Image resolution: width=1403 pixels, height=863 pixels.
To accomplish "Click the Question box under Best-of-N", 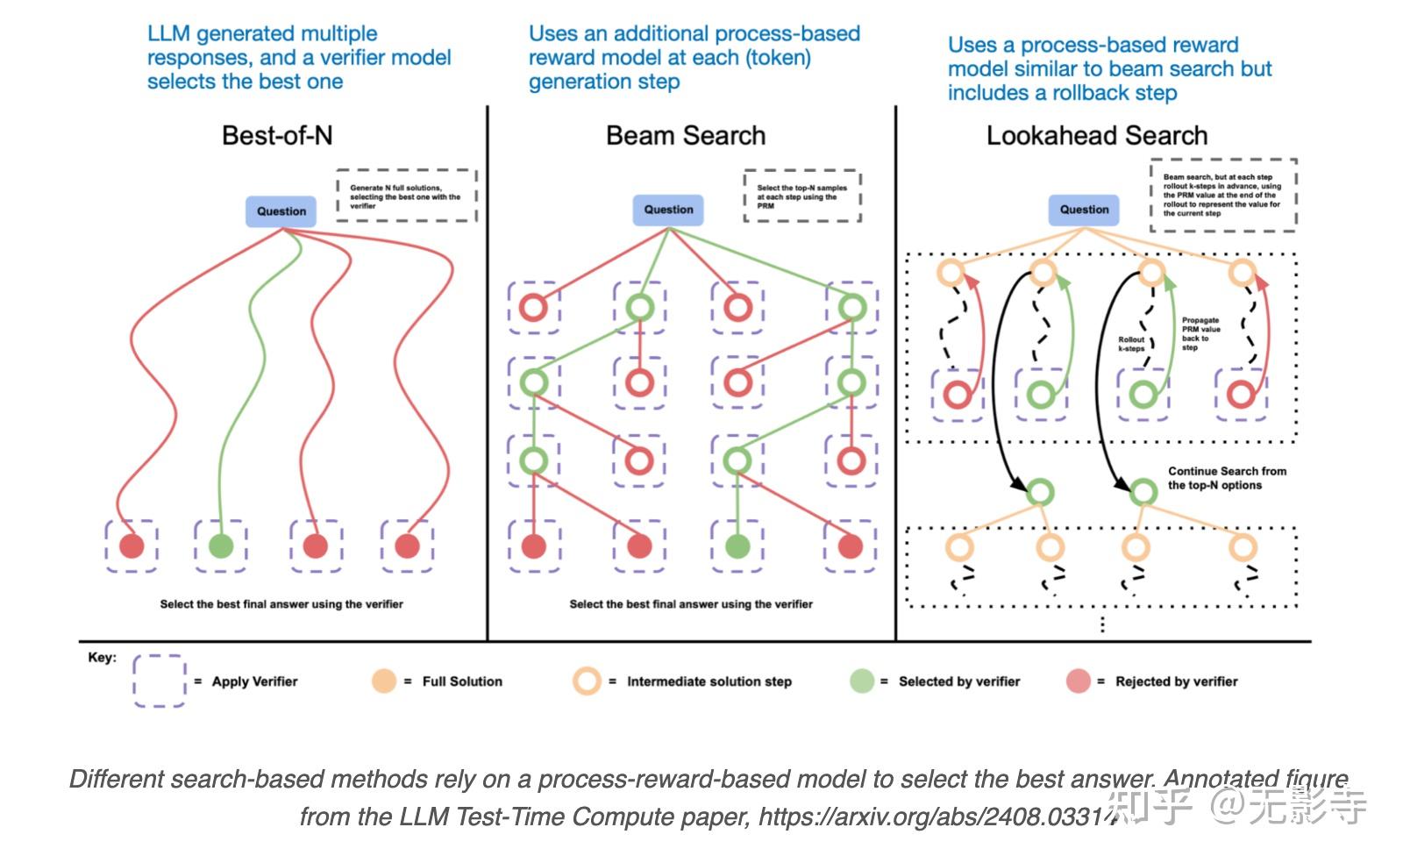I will click(281, 211).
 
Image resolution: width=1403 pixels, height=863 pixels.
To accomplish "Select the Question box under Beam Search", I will click(668, 210).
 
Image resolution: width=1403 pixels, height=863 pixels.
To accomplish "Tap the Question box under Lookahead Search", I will click(1084, 210).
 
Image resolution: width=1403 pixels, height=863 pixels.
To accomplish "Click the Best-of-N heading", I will click(277, 136).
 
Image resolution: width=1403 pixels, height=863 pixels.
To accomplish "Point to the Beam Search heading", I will click(686, 136).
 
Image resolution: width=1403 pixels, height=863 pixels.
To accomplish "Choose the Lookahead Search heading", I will click(1096, 136).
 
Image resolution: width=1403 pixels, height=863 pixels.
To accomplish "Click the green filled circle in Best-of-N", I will click(221, 546).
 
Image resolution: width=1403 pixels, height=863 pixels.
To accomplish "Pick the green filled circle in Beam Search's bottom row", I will click(737, 546).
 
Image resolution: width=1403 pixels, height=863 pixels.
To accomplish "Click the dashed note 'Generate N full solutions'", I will click(406, 196).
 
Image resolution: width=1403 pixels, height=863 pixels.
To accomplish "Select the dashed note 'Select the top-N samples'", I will click(802, 196).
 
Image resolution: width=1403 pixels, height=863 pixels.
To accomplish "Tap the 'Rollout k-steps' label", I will click(1131, 344).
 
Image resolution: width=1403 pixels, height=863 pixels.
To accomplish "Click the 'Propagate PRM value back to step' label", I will click(1200, 334).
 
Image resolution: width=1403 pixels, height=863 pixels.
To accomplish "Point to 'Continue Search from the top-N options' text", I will click(1227, 478).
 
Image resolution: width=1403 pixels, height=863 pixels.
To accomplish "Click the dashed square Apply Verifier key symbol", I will click(159, 681).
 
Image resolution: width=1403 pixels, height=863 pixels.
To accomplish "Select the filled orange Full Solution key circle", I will click(384, 681).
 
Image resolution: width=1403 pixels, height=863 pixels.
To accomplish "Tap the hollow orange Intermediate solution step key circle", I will click(587, 681).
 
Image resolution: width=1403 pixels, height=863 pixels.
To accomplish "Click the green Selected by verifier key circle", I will click(862, 681).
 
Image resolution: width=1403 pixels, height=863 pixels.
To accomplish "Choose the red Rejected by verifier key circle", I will click(1078, 681).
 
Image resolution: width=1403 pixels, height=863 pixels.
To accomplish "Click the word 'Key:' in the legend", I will click(102, 658).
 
